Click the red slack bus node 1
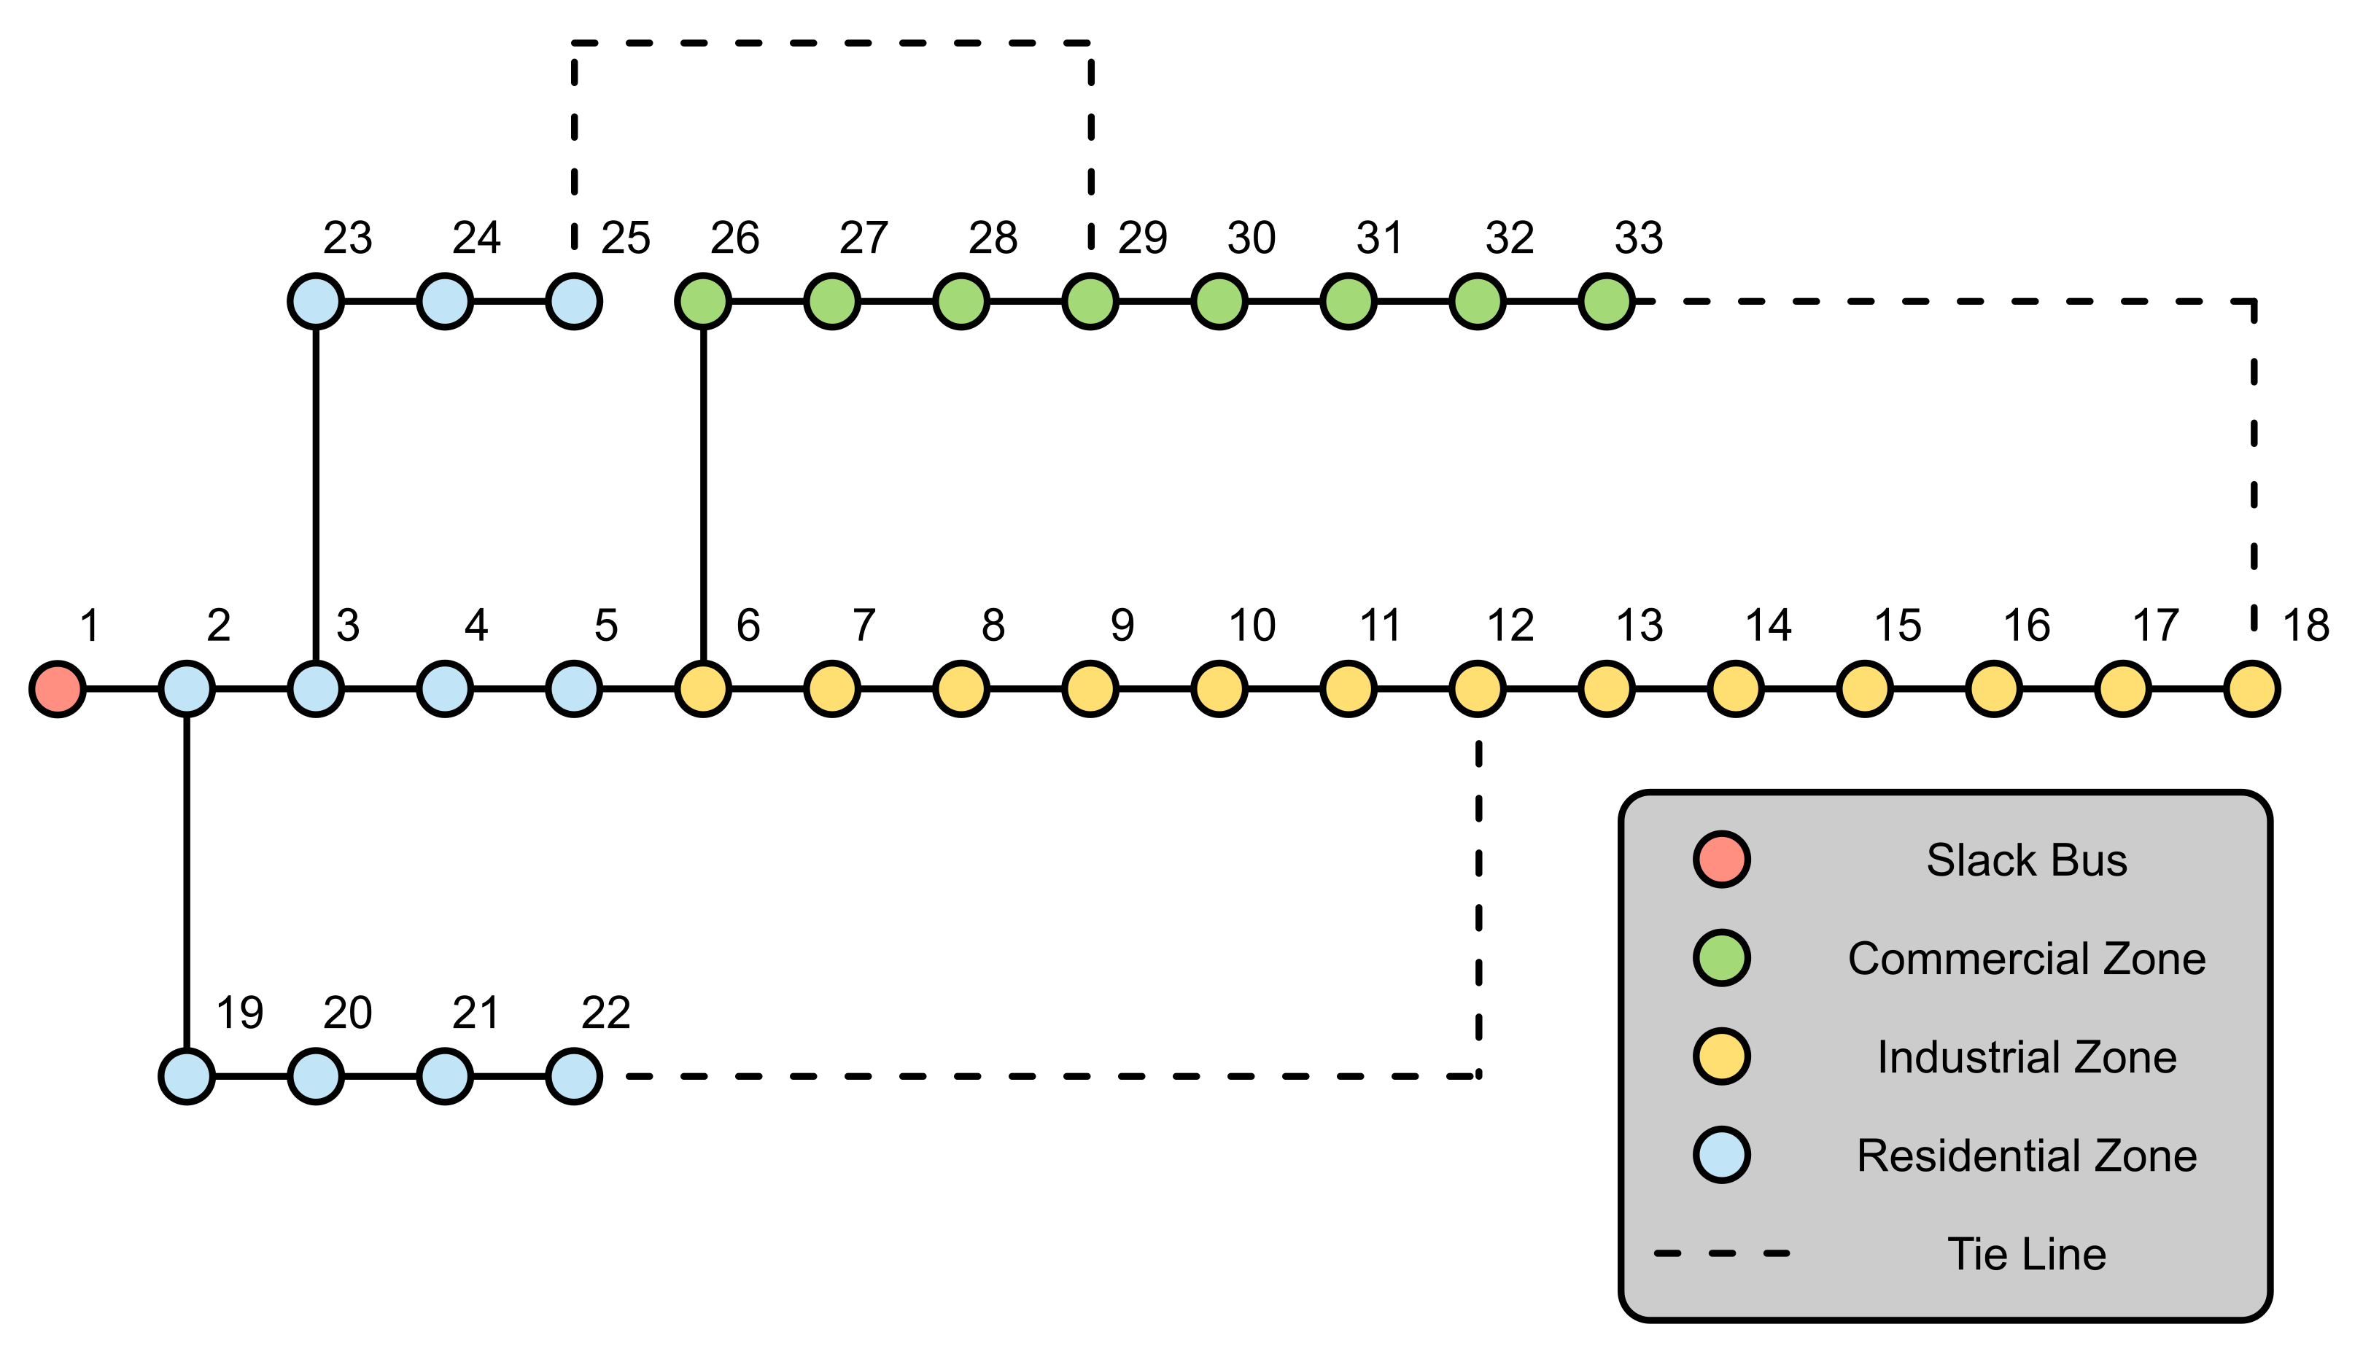coord(58,689)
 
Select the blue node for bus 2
coord(187,689)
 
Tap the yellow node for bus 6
coord(703,689)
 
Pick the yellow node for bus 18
coord(2252,689)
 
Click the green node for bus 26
coord(703,302)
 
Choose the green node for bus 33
coord(1606,302)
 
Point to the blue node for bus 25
coord(573,302)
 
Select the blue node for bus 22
coord(573,1076)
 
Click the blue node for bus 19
coord(187,1076)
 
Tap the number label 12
coord(1510,626)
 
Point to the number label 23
coord(347,239)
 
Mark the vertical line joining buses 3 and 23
coord(316,495)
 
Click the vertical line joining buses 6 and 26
coord(703,495)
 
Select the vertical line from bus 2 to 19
coord(187,882)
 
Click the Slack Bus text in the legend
coord(2026,860)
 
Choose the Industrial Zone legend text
coord(2026,1057)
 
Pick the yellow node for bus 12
coord(1477,689)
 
